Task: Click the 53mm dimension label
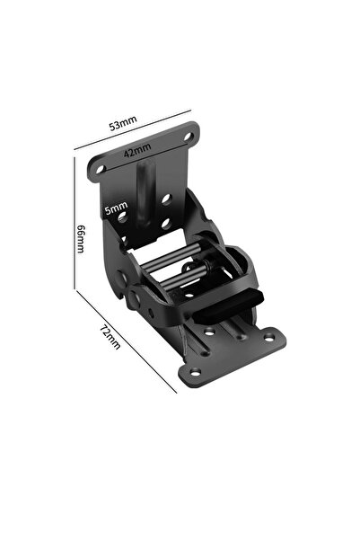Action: tap(123, 123)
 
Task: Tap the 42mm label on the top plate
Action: tap(137, 150)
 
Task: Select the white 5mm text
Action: tap(117, 208)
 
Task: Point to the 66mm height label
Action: tap(81, 239)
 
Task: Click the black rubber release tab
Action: tap(228, 305)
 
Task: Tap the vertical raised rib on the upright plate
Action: tap(145, 195)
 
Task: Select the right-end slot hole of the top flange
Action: tap(189, 137)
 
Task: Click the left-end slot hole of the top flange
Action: tap(101, 169)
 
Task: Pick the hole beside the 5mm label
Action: tap(122, 217)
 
